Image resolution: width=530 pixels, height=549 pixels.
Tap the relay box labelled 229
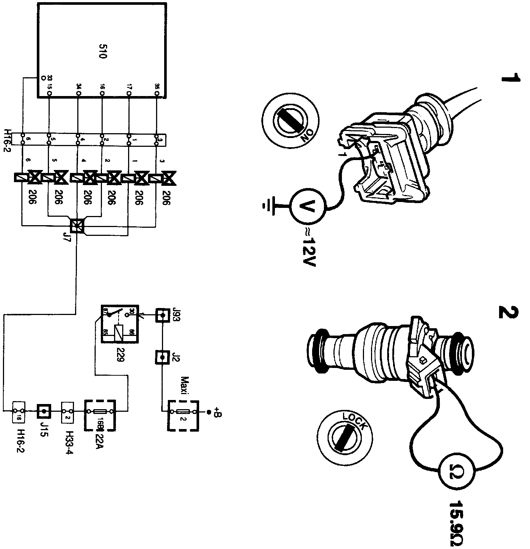120,324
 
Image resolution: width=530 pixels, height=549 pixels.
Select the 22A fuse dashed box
100,415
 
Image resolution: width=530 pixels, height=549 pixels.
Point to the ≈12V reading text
308,247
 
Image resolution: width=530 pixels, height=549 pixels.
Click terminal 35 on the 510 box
157,94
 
